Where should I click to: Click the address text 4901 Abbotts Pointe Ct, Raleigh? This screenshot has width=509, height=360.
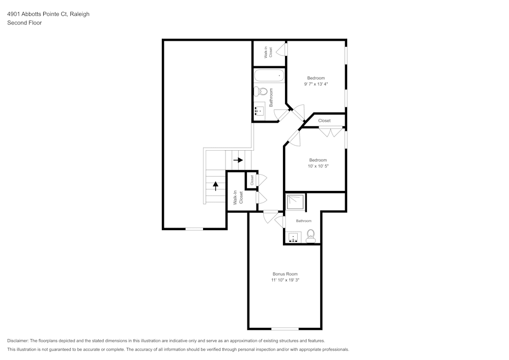pos(48,14)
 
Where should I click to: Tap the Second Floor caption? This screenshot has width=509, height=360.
pos(24,23)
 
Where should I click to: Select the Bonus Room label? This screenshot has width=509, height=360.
pos(285,274)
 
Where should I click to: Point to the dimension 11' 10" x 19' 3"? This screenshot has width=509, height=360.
pos(285,280)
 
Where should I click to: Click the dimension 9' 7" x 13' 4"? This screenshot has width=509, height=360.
pos(316,84)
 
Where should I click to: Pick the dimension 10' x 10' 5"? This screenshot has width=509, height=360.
pos(318,166)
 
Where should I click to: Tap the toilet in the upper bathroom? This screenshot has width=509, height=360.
pos(261,92)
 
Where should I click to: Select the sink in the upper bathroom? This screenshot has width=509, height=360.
pos(259,110)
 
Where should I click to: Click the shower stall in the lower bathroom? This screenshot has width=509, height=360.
pos(295,202)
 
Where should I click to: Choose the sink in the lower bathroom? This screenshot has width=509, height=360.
pos(293,237)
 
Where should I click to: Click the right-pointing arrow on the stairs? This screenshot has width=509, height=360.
pos(238,160)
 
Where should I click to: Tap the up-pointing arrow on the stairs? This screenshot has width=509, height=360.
pos(215,185)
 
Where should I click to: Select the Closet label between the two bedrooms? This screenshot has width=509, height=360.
pos(324,121)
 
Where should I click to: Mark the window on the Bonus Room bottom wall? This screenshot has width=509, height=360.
pos(285,328)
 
